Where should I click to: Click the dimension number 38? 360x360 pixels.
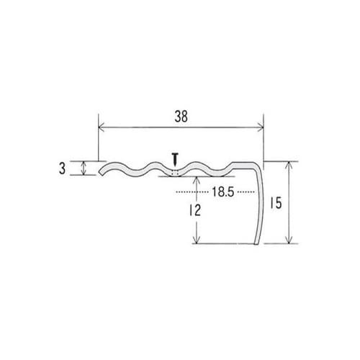tap(181, 117)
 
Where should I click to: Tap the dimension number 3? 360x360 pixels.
tap(62, 168)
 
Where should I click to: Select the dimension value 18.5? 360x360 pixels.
tap(222, 192)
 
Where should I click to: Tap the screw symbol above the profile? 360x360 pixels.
tap(176, 160)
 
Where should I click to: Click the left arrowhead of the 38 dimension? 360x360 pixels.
tap(102, 128)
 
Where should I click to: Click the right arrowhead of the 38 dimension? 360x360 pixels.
tap(261, 128)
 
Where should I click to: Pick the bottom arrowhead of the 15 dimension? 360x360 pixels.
tap(289, 240)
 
